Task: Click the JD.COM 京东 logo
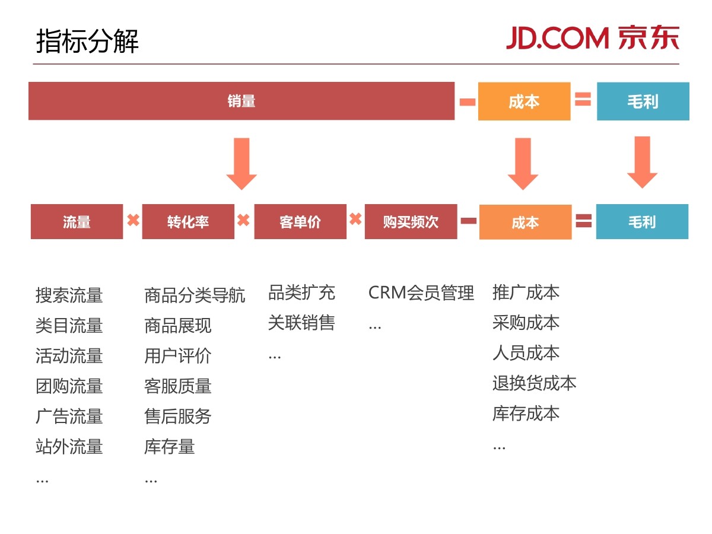592,38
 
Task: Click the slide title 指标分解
87,42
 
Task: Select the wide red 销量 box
241,101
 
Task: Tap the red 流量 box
77,222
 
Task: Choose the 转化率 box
188,222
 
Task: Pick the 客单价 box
300,222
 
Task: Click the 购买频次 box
411,222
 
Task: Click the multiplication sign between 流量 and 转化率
133,221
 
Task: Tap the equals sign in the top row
583,100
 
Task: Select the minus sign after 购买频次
469,221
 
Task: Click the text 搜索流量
69,295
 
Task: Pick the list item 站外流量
69,446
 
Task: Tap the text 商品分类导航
195,295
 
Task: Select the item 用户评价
177,355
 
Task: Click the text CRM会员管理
421,293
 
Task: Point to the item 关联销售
301,323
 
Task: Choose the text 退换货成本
534,383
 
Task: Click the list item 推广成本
526,293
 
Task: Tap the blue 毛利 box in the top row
643,101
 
